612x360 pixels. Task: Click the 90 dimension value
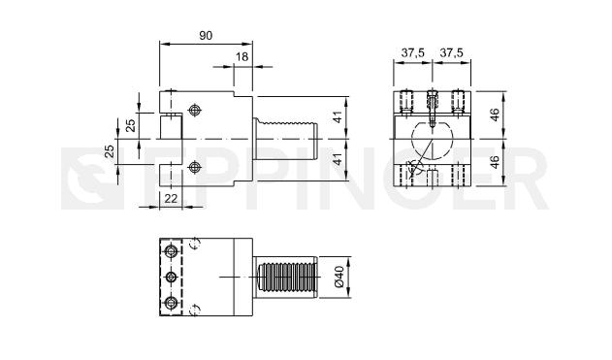206,36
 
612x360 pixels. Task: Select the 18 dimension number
242,57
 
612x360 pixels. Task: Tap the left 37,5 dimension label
412,52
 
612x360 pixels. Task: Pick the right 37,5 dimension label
451,52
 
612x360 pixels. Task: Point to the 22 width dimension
171,199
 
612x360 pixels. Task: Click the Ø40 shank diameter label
338,277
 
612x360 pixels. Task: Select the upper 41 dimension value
338,117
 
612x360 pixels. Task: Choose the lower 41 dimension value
338,159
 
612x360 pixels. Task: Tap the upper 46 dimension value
495,115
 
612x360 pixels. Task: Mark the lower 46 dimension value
495,162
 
